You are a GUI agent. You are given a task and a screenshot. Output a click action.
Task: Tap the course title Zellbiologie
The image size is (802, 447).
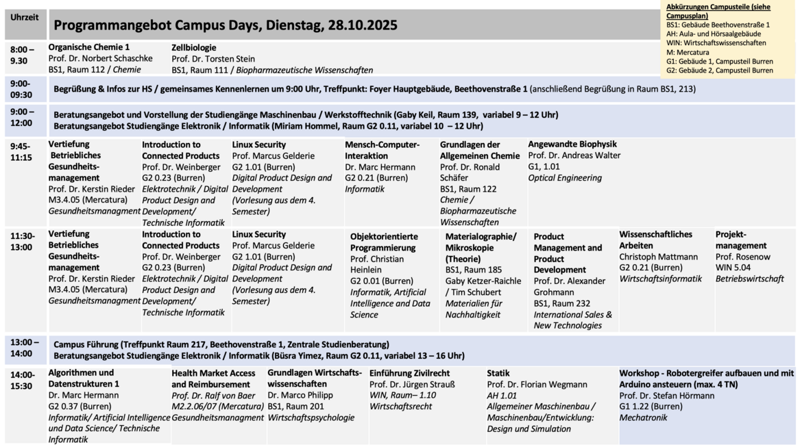pyautogui.click(x=194, y=47)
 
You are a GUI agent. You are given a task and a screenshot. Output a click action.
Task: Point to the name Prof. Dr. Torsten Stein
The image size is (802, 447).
pyautogui.click(x=213, y=59)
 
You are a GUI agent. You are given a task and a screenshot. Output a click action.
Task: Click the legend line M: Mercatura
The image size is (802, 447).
pyautogui.click(x=688, y=52)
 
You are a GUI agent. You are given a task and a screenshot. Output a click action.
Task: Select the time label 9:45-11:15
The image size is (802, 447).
pyautogui.click(x=21, y=151)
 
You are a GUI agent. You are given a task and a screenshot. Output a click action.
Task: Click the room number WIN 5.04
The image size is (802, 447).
pyautogui.click(x=733, y=268)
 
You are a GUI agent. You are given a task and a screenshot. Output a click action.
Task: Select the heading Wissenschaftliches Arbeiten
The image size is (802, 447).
pyautogui.click(x=655, y=240)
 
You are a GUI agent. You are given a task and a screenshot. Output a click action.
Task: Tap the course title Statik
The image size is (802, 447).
pyautogui.click(x=498, y=373)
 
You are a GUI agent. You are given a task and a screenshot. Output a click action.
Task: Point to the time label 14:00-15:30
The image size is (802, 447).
pyautogui.click(x=23, y=380)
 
